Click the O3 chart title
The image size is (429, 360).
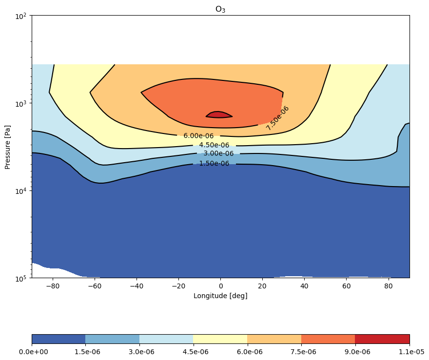tap(220, 9)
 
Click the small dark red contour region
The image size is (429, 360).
tap(219, 115)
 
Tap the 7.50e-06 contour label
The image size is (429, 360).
tap(277, 118)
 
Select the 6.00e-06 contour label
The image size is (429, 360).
tap(198, 136)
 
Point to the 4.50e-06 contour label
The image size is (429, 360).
tap(214, 145)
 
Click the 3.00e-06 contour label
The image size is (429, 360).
tap(218, 153)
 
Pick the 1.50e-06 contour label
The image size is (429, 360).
tap(214, 164)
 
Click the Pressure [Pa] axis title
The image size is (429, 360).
tap(7, 147)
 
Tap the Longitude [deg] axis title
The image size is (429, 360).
tap(220, 296)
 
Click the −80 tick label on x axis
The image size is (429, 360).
tap(53, 286)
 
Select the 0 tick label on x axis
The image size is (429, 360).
tap(221, 286)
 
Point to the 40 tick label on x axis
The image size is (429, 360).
tap(304, 286)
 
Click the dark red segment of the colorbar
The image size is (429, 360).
tap(383, 339)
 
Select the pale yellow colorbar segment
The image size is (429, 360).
tap(220, 339)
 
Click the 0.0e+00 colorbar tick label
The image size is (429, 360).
tap(33, 352)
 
